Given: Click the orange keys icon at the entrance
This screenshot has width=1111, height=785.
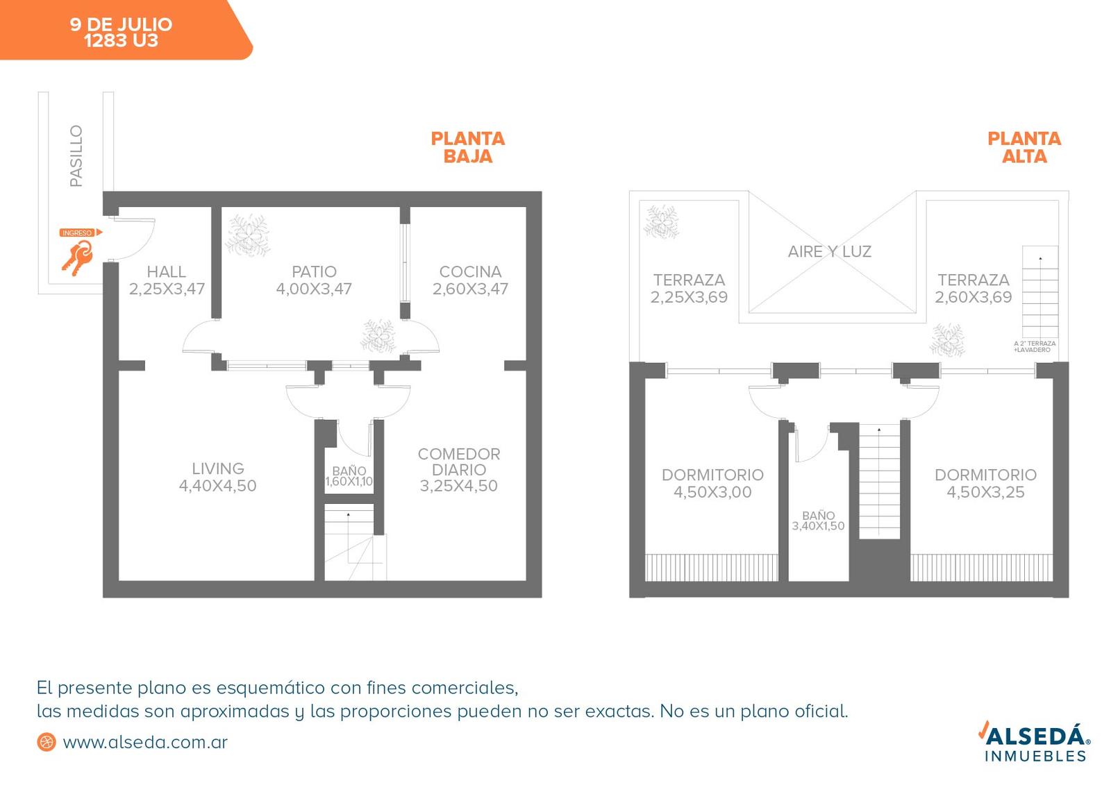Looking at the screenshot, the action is (78, 258).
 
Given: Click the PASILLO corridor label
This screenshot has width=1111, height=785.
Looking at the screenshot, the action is (76, 155).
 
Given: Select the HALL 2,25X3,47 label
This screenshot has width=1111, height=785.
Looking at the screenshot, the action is (167, 280).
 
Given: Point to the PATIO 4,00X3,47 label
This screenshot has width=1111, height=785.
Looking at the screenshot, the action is (314, 280).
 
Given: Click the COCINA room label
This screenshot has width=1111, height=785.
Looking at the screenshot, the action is (470, 280).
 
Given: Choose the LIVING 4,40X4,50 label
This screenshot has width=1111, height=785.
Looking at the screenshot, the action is (218, 477).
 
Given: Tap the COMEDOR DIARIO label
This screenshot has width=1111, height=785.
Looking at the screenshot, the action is (459, 469).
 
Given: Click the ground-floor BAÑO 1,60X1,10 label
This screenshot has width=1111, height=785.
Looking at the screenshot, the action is (349, 476).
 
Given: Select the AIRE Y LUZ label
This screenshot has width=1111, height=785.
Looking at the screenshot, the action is (829, 251).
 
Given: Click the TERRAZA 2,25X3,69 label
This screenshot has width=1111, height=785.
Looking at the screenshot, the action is (689, 289).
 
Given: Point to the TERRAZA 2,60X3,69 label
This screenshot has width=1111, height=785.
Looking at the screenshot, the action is (973, 289).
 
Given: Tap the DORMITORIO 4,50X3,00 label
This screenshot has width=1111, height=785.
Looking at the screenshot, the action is (712, 483).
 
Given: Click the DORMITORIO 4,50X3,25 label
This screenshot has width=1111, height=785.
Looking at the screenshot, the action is (985, 483).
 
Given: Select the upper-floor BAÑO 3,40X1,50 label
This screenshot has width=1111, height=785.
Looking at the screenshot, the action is (818, 521).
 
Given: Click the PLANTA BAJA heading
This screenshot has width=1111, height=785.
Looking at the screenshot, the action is (468, 147).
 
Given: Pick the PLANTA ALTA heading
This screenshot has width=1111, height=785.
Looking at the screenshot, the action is (1024, 147).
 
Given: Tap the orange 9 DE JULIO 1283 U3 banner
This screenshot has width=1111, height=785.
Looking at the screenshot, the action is (126, 30).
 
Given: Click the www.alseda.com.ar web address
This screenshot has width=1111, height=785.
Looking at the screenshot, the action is (145, 743).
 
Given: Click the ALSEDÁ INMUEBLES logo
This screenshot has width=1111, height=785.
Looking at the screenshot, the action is (1034, 741).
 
